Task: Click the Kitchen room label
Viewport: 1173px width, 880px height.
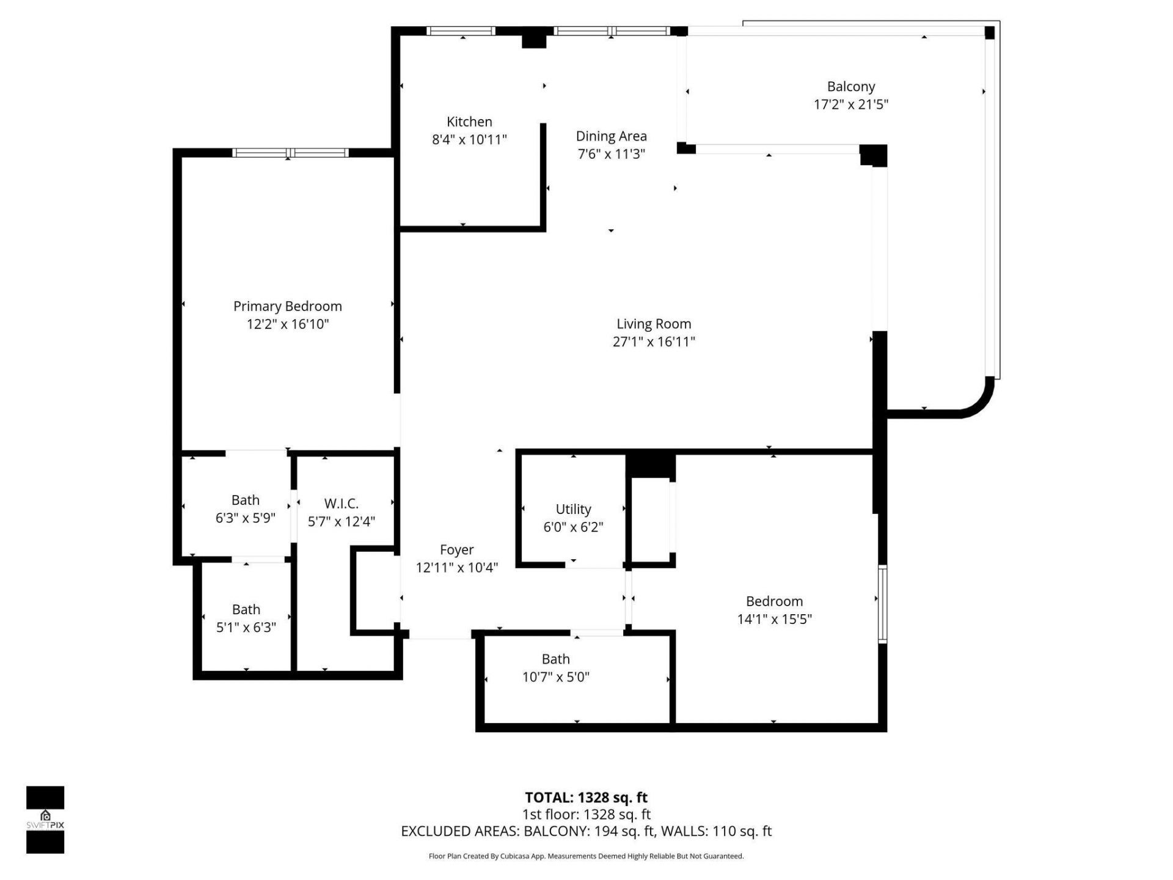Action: (x=469, y=122)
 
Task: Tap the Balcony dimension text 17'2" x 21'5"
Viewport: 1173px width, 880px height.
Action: (x=850, y=105)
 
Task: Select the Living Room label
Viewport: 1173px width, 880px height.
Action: (x=653, y=324)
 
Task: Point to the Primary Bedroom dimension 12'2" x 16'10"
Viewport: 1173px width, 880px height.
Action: (x=288, y=324)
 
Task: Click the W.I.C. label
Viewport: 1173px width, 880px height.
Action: (x=341, y=504)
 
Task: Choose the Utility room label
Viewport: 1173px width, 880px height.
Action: (x=573, y=509)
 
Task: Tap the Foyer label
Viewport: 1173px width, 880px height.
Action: (x=456, y=550)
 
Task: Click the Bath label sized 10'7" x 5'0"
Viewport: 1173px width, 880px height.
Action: (x=555, y=659)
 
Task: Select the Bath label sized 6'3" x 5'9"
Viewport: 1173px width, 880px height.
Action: (x=245, y=501)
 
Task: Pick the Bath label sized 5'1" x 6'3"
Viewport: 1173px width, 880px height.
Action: (x=246, y=610)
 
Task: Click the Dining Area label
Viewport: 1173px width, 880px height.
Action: (x=611, y=136)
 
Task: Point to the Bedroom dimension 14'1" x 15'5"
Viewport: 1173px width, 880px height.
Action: (x=774, y=619)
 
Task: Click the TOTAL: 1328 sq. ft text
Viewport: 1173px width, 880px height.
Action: (x=586, y=798)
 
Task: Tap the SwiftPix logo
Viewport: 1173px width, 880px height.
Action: (x=45, y=820)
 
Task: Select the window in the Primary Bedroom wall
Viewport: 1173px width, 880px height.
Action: (x=290, y=153)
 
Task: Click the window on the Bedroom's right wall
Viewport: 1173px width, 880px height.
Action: (x=882, y=604)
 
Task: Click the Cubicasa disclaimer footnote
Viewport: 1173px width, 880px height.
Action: (x=586, y=856)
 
